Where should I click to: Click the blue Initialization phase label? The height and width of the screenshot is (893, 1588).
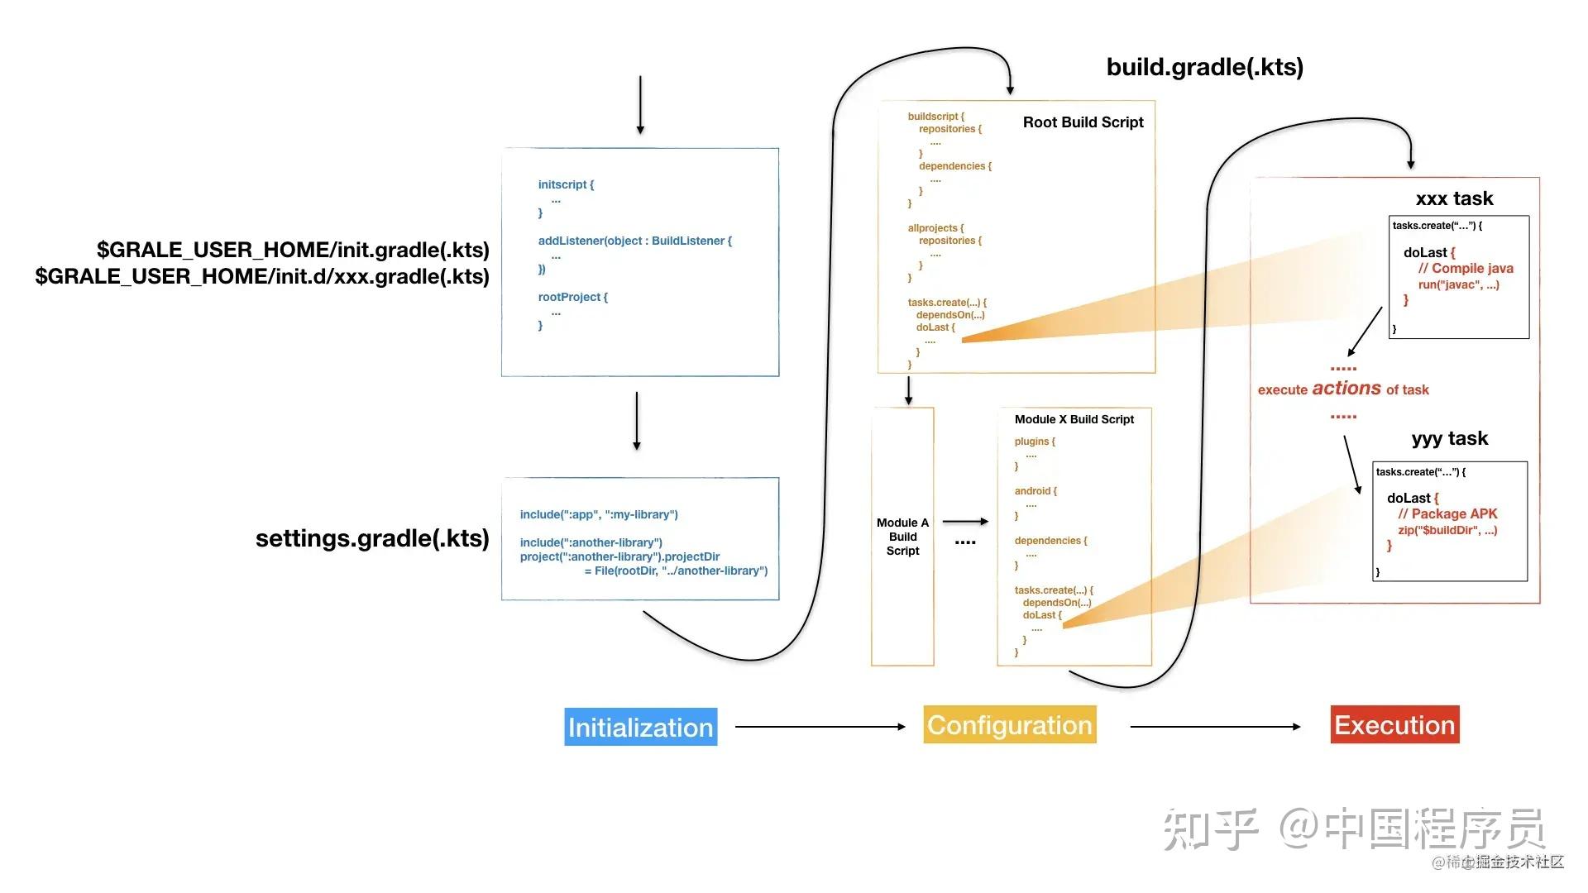coord(640,727)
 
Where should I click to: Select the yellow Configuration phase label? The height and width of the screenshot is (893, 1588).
coord(1009,724)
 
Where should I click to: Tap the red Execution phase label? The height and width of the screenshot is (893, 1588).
coord(1394,724)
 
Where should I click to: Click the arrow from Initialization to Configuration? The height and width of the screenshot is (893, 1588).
coord(820,727)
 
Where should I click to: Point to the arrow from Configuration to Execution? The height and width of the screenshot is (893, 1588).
coord(1214,727)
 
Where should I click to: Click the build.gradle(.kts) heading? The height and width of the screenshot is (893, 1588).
coord(1204,67)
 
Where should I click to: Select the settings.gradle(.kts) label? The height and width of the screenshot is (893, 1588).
coord(372,538)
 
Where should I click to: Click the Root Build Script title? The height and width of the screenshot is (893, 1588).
coord(1083,122)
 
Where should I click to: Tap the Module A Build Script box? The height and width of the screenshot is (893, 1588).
coord(902,537)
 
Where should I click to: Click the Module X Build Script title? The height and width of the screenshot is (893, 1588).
coord(1074,419)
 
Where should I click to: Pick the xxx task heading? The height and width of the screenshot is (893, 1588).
coord(1454,198)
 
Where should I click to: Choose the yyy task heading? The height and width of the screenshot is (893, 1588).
coord(1449,438)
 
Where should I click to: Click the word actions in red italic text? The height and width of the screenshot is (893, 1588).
coord(1346,388)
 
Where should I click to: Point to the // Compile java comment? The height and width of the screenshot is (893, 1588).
coord(1466,269)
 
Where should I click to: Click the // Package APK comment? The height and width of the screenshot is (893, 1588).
coord(1447,513)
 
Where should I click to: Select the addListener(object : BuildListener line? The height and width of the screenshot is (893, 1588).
coord(634,241)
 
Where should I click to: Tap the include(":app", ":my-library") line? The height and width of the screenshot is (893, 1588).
coord(599,514)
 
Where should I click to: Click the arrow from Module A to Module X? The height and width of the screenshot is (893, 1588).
coord(965,522)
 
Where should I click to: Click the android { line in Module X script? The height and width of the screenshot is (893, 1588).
coord(1036,491)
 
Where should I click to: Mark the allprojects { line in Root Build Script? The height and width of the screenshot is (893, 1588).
coord(935,228)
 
